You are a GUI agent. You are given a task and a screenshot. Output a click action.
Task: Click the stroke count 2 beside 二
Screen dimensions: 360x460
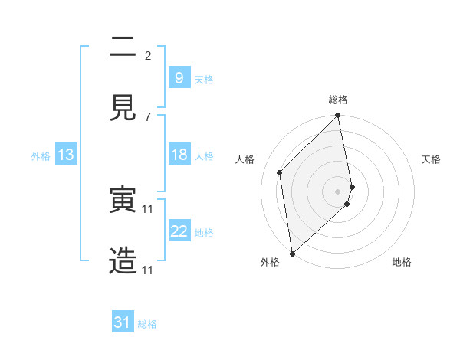148,55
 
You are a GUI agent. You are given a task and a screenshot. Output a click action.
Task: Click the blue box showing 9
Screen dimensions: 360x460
179,77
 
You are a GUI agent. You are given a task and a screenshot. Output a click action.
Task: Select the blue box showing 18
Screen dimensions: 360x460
179,155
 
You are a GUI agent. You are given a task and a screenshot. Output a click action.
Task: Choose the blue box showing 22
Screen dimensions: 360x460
179,231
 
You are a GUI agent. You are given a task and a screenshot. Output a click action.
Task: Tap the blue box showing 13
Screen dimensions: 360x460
66,155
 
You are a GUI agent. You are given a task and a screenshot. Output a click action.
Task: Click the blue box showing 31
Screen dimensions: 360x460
123,322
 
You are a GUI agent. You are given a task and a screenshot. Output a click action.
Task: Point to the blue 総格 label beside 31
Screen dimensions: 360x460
147,324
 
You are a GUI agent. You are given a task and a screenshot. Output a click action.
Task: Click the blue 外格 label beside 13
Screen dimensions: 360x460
41,156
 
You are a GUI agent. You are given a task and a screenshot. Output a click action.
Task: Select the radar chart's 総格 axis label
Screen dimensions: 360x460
338,100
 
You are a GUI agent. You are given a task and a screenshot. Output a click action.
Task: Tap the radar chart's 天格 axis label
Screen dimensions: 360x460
432,159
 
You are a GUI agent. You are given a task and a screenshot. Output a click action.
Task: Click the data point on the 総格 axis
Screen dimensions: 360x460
338,116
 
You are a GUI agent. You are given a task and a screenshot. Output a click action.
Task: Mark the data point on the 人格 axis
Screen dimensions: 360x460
280,172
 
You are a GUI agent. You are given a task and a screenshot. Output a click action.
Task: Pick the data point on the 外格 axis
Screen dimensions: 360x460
291,253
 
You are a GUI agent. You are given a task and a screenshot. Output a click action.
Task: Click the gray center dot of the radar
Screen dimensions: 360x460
338,191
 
